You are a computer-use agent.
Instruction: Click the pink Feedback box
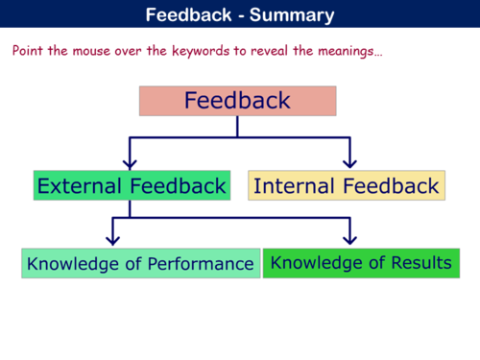point(237,101)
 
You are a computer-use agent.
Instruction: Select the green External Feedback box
point(132,185)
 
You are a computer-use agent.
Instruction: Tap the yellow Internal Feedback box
point(346,185)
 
